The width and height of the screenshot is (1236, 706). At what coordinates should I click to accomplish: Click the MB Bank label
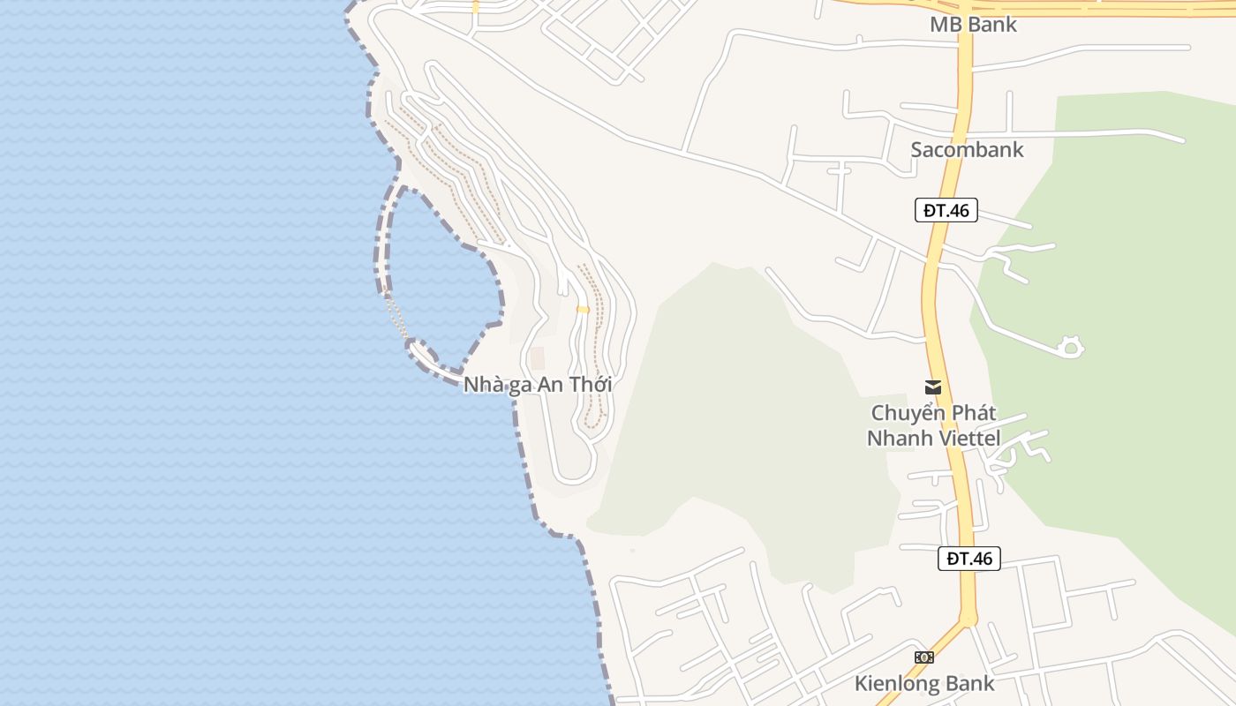coord(973,25)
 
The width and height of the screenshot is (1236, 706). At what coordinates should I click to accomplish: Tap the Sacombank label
coord(967,149)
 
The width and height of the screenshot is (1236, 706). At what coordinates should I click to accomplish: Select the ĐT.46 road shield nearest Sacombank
coord(946,210)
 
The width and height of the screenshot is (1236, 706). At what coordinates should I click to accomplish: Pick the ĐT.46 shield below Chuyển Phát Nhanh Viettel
coord(968,558)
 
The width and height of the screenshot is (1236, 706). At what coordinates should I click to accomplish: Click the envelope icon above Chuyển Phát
coord(932,387)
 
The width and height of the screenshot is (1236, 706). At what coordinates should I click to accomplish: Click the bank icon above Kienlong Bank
coord(923,657)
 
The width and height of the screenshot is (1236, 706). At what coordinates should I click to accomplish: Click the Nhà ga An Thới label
coord(537,385)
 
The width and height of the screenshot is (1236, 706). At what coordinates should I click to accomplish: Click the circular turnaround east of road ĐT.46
coord(1070,347)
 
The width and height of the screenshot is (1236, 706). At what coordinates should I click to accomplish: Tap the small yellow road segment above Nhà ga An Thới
coord(583,309)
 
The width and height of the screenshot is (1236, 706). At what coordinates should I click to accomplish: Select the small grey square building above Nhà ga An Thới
coord(537,358)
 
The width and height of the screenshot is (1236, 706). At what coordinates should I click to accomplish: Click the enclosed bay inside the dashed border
coord(441,282)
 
